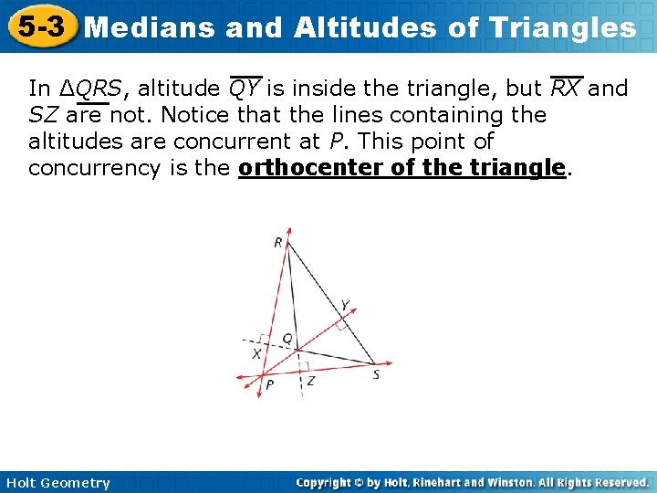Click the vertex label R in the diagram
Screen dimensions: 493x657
pyautogui.click(x=277, y=242)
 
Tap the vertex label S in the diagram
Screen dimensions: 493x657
pyautogui.click(x=376, y=373)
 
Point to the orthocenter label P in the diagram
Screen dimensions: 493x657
pyautogui.click(x=269, y=385)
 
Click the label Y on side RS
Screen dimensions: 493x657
pyautogui.click(x=344, y=305)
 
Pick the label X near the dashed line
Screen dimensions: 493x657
pyautogui.click(x=256, y=353)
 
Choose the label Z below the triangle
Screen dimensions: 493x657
pyautogui.click(x=310, y=381)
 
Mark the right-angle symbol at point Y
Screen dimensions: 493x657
pyautogui.click(x=339, y=322)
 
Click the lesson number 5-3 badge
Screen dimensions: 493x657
pyautogui.click(x=38, y=26)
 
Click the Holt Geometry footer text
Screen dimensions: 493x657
pyautogui.click(x=57, y=483)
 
